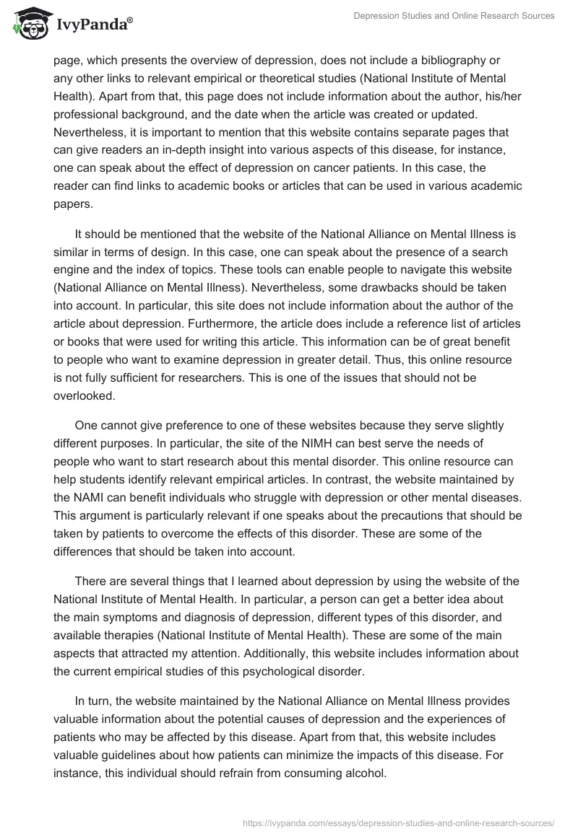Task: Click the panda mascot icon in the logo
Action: pyautogui.click(x=27, y=23)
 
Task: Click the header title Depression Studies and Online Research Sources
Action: pyautogui.click(x=454, y=16)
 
